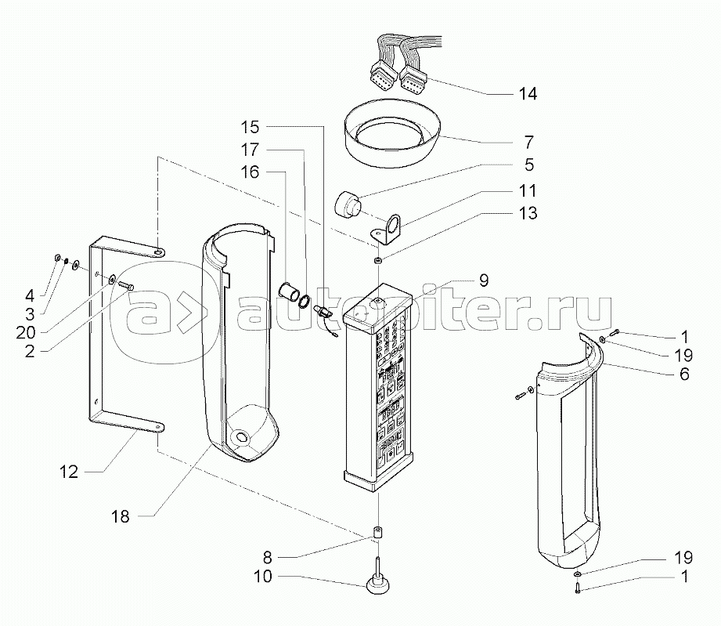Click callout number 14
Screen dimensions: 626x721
528,94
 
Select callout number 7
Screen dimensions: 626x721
528,143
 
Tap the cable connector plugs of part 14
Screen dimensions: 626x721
398,75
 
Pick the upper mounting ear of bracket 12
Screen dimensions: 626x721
157,252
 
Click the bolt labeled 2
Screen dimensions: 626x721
127,287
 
